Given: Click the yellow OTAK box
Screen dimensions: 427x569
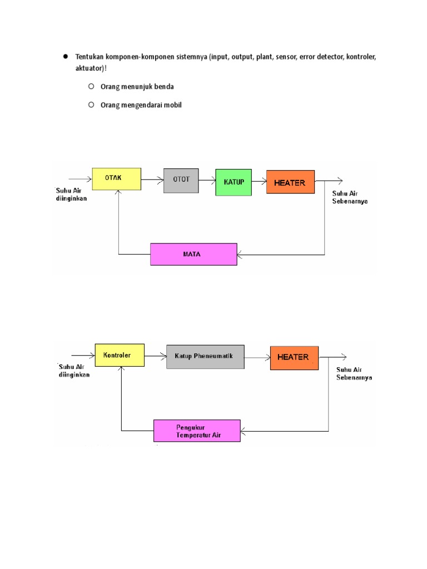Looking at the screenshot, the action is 117,179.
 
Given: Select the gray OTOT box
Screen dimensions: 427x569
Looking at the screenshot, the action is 181,181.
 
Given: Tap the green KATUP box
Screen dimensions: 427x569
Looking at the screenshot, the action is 234,182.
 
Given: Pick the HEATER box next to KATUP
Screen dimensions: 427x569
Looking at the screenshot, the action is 290,182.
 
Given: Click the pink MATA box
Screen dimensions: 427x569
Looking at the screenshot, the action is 193,254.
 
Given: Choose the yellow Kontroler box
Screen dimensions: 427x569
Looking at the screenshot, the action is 120,355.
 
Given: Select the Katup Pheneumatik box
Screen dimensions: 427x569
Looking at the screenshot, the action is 205,357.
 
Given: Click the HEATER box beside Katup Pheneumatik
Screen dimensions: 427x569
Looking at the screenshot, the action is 294,358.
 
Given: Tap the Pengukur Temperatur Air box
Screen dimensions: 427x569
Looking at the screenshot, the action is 197,431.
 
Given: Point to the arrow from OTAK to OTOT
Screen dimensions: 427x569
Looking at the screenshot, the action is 152,179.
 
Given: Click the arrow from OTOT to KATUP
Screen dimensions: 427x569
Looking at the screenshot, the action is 207,180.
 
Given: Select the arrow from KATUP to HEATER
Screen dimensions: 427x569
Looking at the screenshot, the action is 259,181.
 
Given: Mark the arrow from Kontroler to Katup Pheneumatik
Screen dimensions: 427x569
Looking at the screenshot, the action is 156,356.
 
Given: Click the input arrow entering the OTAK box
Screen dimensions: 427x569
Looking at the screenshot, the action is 80,179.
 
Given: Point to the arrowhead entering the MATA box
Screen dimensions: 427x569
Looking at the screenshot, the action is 239,254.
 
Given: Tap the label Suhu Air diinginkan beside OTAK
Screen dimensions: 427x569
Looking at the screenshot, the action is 71,194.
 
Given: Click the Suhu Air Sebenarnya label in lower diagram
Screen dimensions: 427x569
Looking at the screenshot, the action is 354,373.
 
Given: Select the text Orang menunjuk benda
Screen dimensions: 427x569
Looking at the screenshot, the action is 137,87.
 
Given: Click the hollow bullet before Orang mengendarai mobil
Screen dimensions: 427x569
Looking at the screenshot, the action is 91,105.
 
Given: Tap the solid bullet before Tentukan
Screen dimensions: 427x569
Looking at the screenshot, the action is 66,56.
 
